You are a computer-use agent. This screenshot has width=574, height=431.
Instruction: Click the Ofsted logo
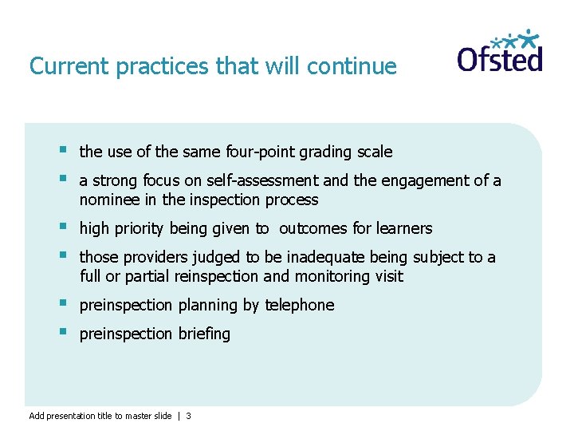(500, 53)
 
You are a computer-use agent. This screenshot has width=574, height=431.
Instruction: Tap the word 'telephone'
(300, 306)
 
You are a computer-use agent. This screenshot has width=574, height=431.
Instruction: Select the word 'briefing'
(202, 334)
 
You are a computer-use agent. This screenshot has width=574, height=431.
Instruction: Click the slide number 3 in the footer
(188, 416)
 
